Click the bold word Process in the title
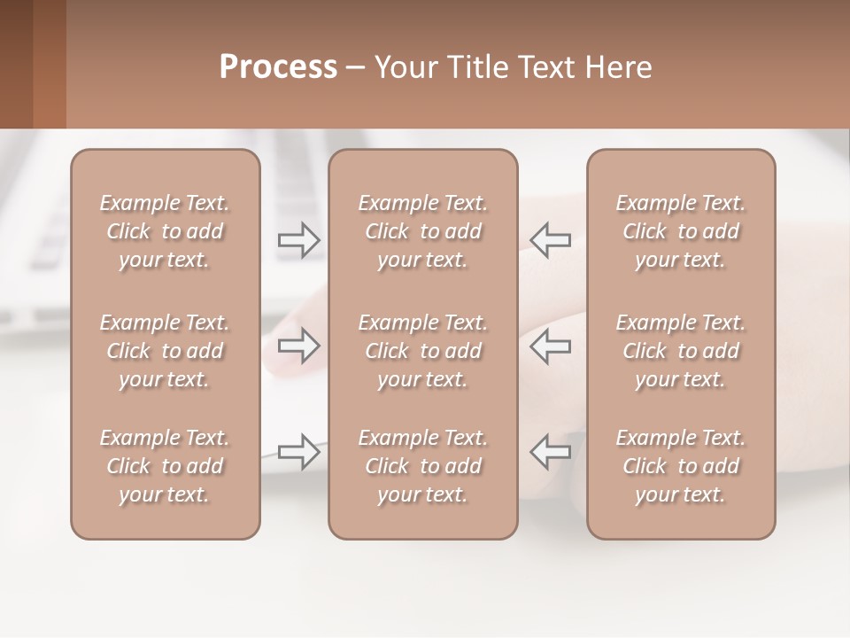tap(278, 67)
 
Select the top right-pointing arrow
tap(299, 239)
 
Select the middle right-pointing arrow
tap(299, 346)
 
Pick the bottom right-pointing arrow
tap(299, 452)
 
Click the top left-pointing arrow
tap(551, 239)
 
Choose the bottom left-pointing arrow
tap(551, 452)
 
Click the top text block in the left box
tap(165, 231)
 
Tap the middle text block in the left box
tap(165, 351)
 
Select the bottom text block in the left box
tap(165, 466)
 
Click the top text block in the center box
tap(422, 231)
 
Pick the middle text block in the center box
tap(422, 351)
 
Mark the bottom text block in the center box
tap(422, 466)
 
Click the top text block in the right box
tap(681, 231)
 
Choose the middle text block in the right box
tap(681, 351)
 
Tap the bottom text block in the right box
tap(681, 466)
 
